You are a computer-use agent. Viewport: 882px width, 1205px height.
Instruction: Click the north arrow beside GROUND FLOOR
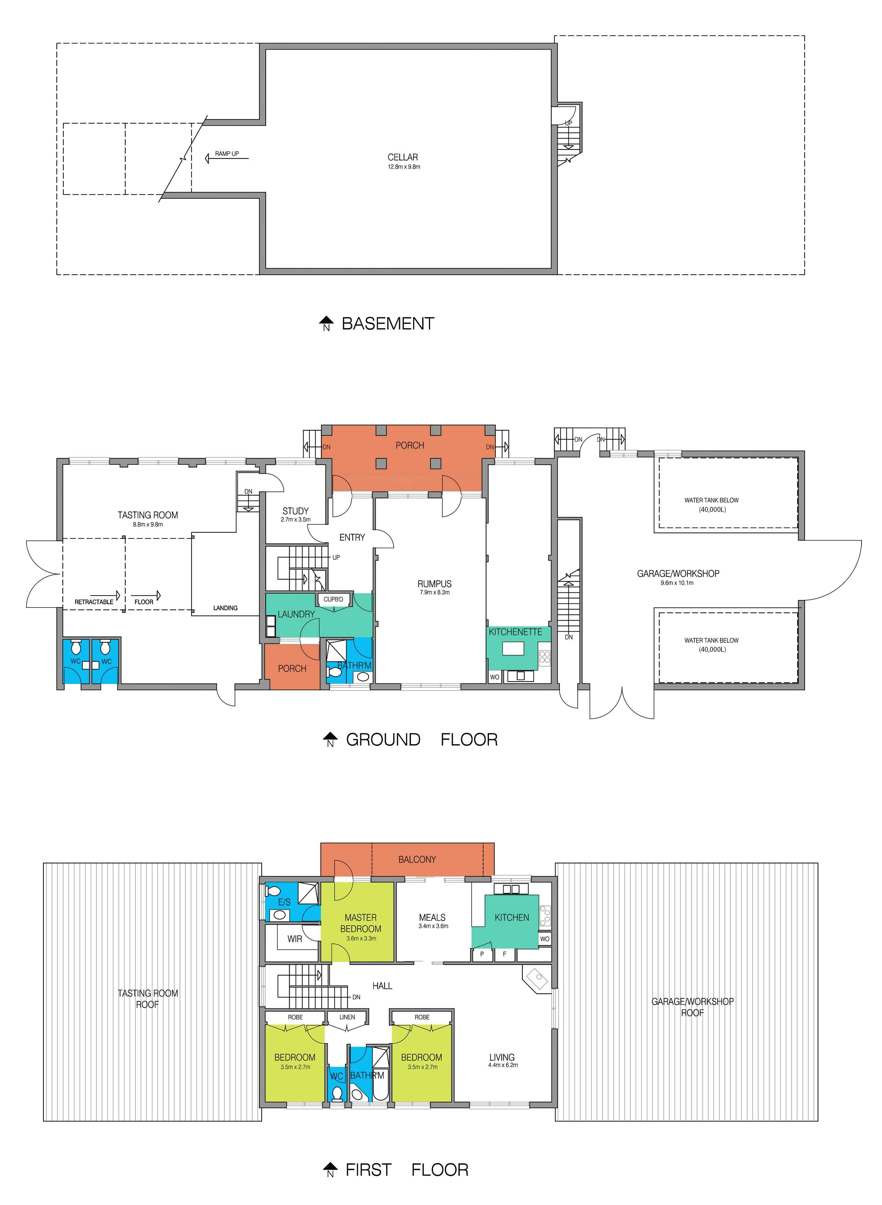[330, 739]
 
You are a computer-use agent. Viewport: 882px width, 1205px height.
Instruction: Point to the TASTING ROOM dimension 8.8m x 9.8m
[148, 525]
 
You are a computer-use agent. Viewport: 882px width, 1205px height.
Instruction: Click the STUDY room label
[295, 511]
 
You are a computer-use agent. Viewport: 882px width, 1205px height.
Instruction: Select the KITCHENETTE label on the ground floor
[515, 632]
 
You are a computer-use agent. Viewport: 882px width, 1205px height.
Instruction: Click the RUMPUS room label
[435, 584]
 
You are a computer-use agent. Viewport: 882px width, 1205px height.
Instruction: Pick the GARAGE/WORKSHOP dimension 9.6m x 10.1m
[677, 583]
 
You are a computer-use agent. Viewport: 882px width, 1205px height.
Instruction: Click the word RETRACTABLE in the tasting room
[94, 602]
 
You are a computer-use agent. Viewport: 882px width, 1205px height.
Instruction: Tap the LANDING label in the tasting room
[225, 608]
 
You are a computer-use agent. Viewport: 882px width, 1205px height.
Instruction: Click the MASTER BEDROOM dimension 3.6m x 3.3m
[361, 938]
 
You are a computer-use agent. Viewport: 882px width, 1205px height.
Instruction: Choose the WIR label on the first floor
[295, 939]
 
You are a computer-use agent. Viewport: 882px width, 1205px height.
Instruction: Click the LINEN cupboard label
[347, 1017]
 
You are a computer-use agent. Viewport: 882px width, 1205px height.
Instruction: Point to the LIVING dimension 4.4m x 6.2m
[503, 1065]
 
